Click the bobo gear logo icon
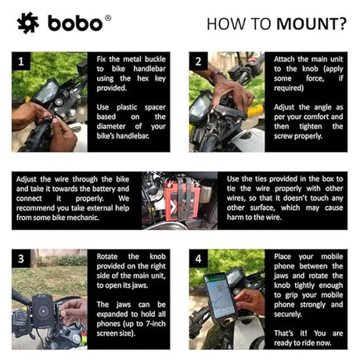coord(27,23)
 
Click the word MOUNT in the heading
coord(308,23)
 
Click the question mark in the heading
coord(342,23)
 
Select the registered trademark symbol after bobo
coord(108,16)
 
